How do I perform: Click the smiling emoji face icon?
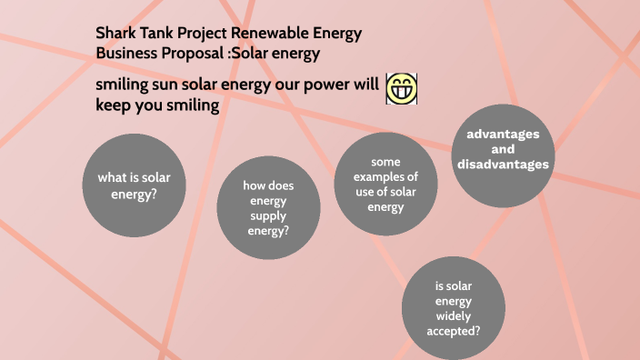(401, 88)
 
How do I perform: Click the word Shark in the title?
(116, 34)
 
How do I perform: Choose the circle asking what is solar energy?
(127, 185)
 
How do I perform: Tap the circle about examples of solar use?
(385, 185)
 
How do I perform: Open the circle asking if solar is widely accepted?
(452, 307)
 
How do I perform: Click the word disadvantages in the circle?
(503, 165)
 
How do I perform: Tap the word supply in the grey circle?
(268, 215)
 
